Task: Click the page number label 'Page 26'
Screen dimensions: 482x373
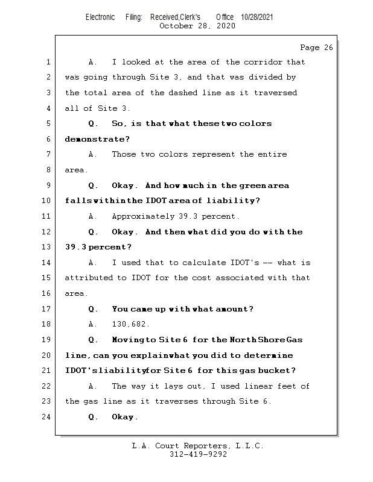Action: point(316,48)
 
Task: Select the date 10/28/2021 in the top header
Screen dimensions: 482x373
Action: point(257,17)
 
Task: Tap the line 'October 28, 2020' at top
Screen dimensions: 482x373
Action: point(197,26)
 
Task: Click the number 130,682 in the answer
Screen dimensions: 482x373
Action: point(130,324)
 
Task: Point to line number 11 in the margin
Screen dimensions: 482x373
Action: point(47,216)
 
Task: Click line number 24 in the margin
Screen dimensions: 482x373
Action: point(47,417)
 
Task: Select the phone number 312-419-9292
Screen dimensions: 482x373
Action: point(198,454)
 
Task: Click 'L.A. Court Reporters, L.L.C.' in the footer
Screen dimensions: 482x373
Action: point(197,446)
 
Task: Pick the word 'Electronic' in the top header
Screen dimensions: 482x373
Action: point(100,17)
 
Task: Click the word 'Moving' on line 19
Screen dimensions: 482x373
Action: point(125,340)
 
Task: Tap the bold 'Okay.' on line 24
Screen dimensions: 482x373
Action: point(125,417)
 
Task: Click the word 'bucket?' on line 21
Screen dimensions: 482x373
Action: point(279,371)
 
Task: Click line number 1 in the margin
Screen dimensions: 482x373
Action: point(47,62)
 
